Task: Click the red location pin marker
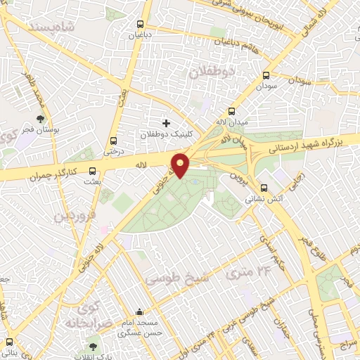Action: tap(181, 165)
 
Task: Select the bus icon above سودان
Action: tap(266, 75)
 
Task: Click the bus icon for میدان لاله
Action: tap(231, 111)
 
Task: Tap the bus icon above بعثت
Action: tap(92, 170)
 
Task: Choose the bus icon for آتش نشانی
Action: tap(264, 188)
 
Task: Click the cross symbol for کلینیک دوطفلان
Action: tap(166, 123)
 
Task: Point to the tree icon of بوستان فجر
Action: tap(39, 119)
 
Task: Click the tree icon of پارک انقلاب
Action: tap(92, 346)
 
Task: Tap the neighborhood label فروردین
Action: tap(74, 215)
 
